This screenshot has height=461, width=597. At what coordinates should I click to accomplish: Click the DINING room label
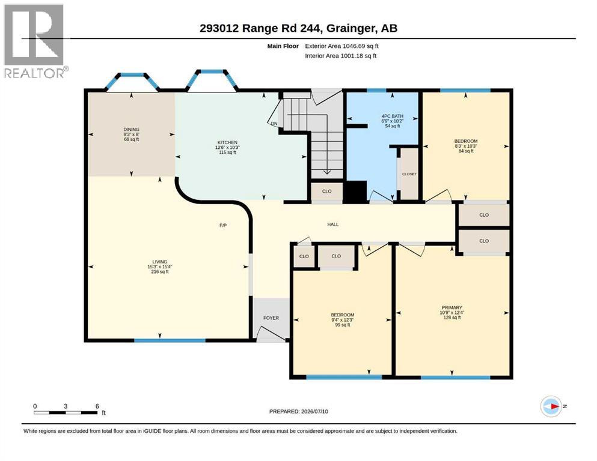131,129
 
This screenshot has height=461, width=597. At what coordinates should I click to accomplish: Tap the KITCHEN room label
227,142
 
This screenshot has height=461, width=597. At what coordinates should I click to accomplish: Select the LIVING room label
160,262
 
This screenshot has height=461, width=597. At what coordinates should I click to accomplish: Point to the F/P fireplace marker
223,225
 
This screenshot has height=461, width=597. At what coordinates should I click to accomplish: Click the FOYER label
271,318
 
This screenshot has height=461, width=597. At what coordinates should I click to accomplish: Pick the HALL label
333,224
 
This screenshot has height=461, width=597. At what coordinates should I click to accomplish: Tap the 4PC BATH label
393,116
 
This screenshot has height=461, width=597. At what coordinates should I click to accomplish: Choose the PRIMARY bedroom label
452,307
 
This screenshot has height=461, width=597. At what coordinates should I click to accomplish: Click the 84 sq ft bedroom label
466,141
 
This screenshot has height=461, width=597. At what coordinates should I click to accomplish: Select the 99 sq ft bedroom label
343,315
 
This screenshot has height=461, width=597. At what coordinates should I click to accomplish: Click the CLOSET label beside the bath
409,174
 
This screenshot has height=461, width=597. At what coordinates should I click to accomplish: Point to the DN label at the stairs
274,124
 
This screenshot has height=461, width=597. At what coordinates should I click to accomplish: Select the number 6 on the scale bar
97,406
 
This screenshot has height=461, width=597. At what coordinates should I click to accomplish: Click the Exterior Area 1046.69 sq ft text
341,46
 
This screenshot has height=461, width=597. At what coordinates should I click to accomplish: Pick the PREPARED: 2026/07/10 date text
298,411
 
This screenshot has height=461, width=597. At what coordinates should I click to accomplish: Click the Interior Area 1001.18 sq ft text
341,55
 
